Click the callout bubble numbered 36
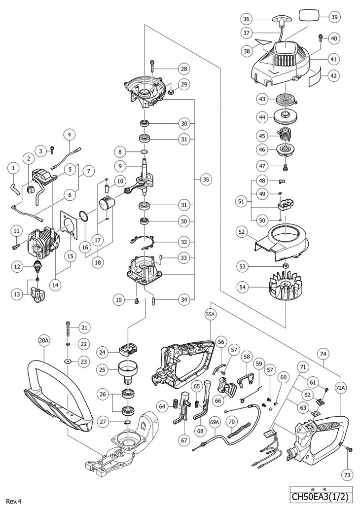click(247, 19)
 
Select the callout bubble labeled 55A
click(211, 313)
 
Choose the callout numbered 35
click(206, 180)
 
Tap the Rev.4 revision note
click(14, 501)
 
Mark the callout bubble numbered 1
click(13, 169)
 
